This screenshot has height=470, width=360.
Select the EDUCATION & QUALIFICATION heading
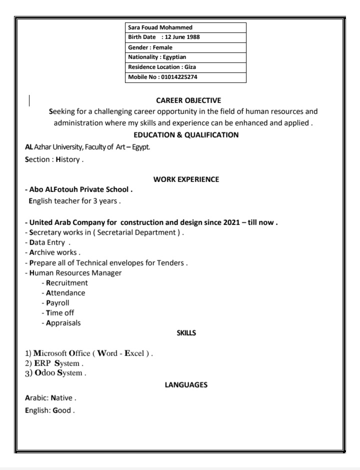186,134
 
